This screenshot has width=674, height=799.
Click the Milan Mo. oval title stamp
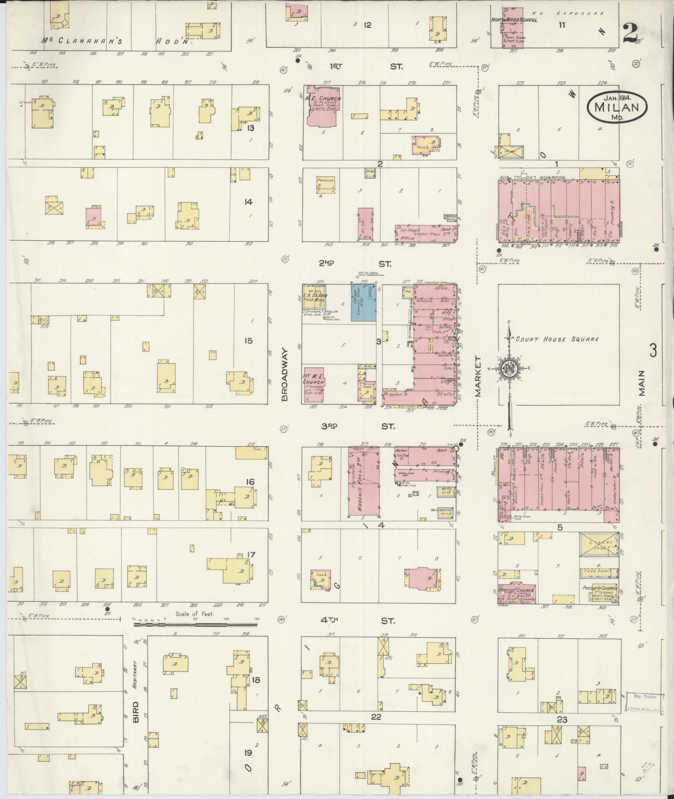click(x=617, y=107)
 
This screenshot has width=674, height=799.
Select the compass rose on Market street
click(x=509, y=369)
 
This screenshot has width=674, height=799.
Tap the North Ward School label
click(x=514, y=20)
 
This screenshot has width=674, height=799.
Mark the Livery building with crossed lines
click(x=598, y=544)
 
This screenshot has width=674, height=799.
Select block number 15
click(x=248, y=341)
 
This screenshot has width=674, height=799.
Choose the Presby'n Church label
click(x=599, y=588)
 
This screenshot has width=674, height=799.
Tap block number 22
click(x=376, y=717)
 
